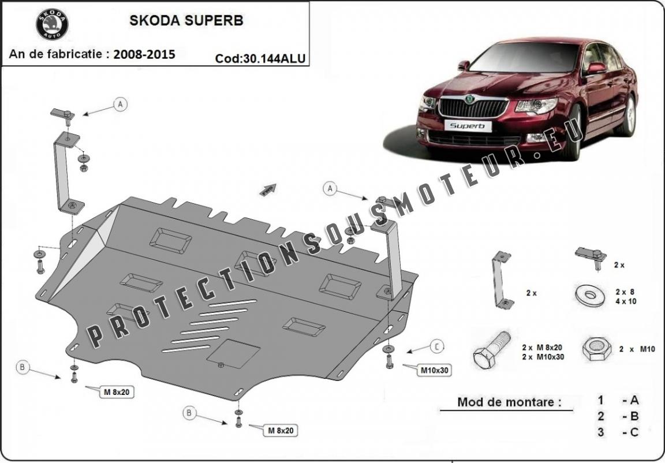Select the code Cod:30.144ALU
pyautogui.click(x=260, y=58)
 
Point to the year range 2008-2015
pyautogui.click(x=144, y=54)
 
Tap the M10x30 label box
pyautogui.click(x=433, y=369)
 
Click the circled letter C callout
pyautogui.click(x=438, y=346)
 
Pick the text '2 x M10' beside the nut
pyautogui.click(x=637, y=349)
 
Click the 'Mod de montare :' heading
pyautogui.click(x=509, y=402)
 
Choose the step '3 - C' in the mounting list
pyautogui.click(x=619, y=432)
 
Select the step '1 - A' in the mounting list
pyautogui.click(x=619, y=400)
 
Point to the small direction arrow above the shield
pyautogui.click(x=268, y=189)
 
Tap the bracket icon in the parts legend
pyautogui.click(x=500, y=280)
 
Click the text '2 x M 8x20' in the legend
pyautogui.click(x=542, y=348)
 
